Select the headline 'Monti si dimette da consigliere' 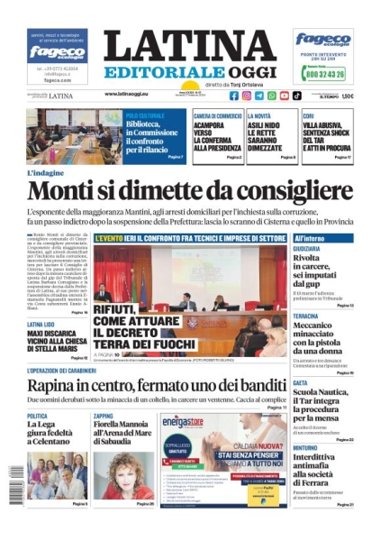coord(190,191)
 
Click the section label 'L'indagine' coord(47,172)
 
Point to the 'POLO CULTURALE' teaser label coord(144,115)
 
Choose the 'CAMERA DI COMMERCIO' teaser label coord(217,115)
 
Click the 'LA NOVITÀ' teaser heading coord(259,115)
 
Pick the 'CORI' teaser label coord(308,115)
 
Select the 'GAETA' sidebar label coord(301,382)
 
